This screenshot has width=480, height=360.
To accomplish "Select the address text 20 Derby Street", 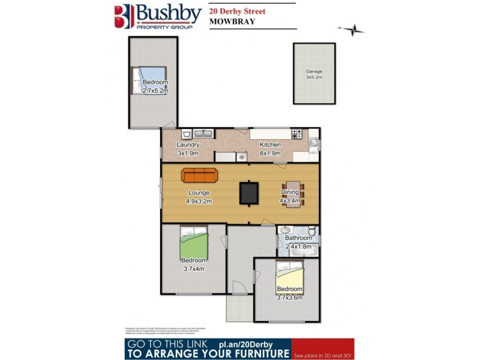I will click(237, 10).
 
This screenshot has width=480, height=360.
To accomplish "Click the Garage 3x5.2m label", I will click(314, 74).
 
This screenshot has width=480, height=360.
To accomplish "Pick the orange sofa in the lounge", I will click(200, 175).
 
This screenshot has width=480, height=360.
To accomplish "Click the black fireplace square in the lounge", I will click(248, 192).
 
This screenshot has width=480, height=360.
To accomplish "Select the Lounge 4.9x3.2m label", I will click(199, 197).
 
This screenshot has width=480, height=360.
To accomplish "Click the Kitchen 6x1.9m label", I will click(270, 149).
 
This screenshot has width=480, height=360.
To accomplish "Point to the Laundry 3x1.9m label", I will click(188, 149).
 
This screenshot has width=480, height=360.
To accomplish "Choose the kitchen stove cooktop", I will click(296, 134).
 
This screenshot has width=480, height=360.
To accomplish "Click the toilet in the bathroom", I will click(311, 232).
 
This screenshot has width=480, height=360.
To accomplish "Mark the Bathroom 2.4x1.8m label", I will click(298, 242).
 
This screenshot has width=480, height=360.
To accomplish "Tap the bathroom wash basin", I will click(284, 230).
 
